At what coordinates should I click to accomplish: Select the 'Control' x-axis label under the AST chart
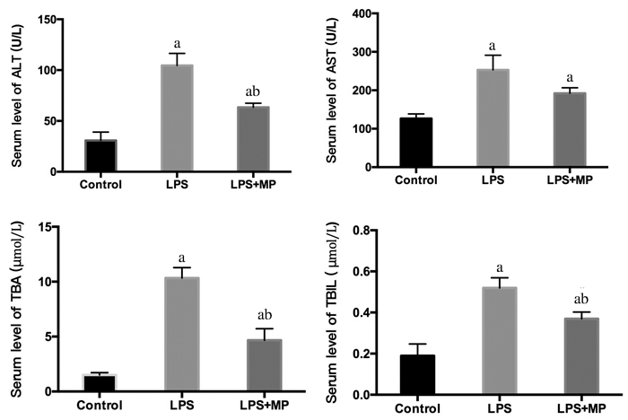pyautogui.click(x=414, y=180)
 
